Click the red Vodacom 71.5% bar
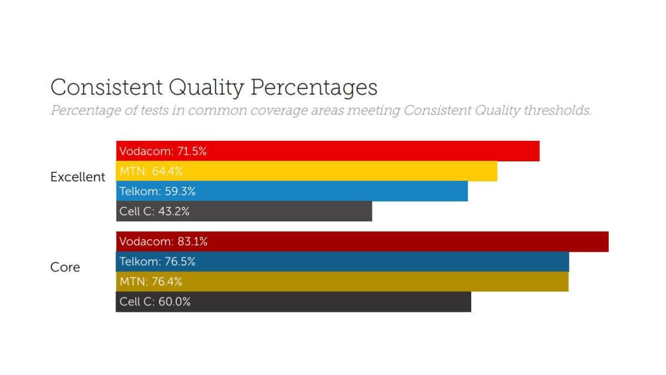click(x=327, y=151)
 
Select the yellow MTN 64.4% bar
click(x=306, y=171)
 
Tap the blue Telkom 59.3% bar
click(x=292, y=191)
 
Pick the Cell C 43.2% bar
click(x=244, y=211)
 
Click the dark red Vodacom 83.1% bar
click(x=362, y=242)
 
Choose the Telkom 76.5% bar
click(x=342, y=262)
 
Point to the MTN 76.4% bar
click(x=342, y=282)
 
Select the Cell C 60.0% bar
click(x=293, y=302)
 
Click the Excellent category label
click(x=78, y=177)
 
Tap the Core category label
click(x=65, y=267)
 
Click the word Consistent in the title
click(x=107, y=88)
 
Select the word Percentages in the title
click(x=314, y=88)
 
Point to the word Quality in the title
click(x=206, y=88)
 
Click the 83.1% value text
click(x=193, y=242)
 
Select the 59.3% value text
click(x=181, y=191)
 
